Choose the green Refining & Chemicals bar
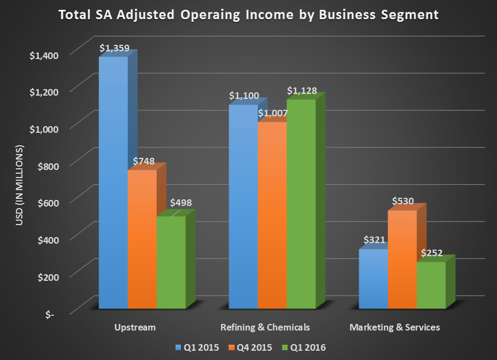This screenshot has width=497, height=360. pos(301,202)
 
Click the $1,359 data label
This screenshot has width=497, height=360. pos(114,48)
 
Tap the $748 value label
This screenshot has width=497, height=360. pos(143,162)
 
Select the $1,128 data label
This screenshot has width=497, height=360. pos(302,91)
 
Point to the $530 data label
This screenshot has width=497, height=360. pos(403,201)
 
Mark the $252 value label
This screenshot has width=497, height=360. pos(431,253)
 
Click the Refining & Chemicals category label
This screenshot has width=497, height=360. pos(265,327)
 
